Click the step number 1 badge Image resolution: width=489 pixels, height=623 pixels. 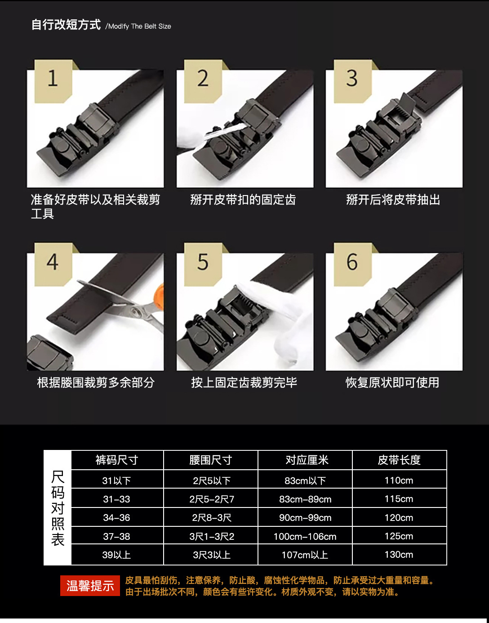click(x=53, y=81)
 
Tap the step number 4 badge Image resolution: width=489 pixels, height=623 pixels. click(x=53, y=264)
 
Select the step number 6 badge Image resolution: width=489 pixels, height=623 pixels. click(x=352, y=264)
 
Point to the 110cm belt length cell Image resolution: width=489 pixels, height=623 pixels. click(x=399, y=480)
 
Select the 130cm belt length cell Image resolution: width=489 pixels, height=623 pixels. click(x=399, y=555)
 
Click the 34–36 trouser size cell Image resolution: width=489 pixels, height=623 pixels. click(x=117, y=517)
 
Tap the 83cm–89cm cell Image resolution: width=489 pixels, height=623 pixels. click(x=305, y=499)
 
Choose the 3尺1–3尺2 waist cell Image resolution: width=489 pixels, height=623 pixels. click(x=212, y=536)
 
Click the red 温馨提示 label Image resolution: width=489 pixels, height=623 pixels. click(x=90, y=585)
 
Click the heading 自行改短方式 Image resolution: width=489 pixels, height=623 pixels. click(x=66, y=24)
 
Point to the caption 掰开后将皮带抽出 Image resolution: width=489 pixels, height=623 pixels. click(x=393, y=200)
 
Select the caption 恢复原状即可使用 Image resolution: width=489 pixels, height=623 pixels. click(x=392, y=382)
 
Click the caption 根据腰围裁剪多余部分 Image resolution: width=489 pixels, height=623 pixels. click(x=96, y=382)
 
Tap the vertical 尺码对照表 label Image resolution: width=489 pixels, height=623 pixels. click(x=58, y=508)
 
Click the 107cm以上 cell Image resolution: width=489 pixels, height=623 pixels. click(x=305, y=555)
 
